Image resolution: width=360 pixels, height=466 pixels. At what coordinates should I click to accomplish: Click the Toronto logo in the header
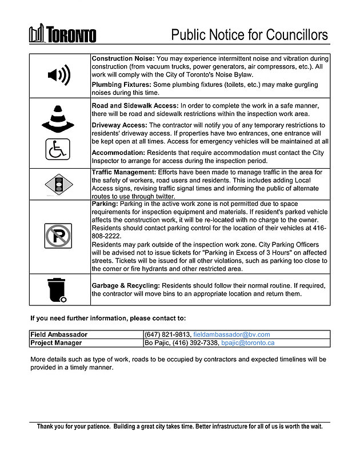point(63,34)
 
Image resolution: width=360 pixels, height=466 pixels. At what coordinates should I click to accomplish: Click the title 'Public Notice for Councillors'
point(250,35)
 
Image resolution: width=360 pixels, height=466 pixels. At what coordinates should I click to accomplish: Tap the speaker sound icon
point(59,75)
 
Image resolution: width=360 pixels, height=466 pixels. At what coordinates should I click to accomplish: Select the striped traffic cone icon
point(59,119)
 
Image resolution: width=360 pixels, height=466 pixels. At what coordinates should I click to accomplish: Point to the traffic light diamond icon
point(59,184)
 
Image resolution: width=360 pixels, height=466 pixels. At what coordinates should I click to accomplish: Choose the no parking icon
point(58,236)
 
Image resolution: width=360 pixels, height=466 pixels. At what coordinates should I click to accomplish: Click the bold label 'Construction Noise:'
point(123,59)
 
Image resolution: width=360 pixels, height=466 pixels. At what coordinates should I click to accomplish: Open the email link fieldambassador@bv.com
point(231,334)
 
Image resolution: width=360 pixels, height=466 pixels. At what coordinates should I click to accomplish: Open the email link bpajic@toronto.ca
point(248,343)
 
